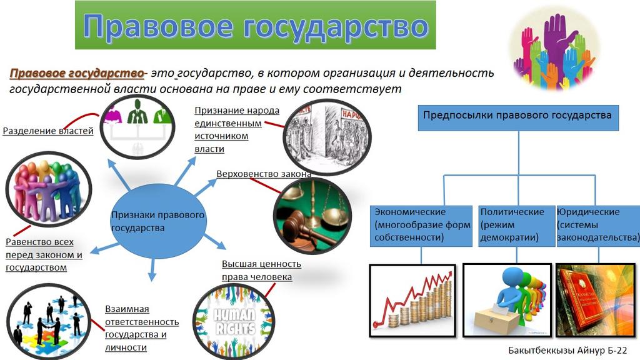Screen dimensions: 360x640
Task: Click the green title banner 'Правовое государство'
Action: point(255,26)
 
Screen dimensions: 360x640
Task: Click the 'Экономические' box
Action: point(421,225)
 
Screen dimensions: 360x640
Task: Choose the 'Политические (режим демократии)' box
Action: point(516,225)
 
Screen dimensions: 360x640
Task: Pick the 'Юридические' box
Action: point(597,225)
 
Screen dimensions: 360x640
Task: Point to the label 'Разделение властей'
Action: point(48,131)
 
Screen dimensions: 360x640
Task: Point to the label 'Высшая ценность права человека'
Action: point(261,270)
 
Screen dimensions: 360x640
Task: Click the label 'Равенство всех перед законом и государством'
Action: point(44,255)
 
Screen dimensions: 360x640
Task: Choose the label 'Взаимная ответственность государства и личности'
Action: point(141,327)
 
